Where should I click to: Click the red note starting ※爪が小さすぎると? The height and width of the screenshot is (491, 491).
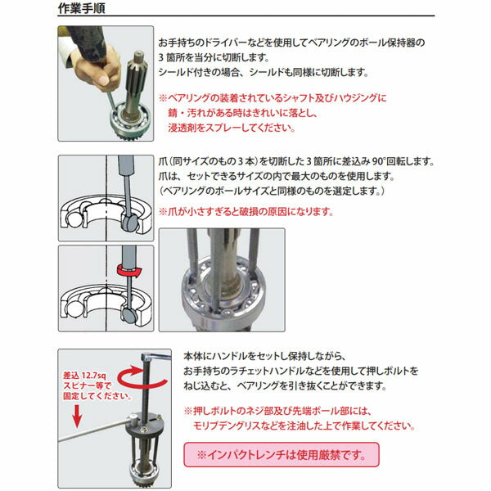click(245, 210)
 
